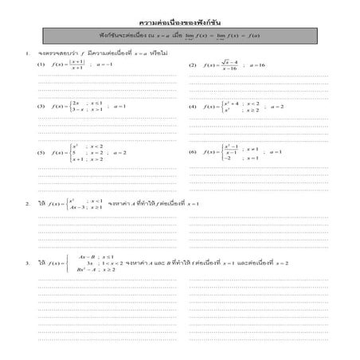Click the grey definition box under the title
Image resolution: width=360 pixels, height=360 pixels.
(x=179, y=37)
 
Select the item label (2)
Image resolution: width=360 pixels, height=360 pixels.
(x=192, y=65)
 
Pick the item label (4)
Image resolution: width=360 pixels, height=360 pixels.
(x=192, y=107)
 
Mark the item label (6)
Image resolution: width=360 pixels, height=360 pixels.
(x=192, y=151)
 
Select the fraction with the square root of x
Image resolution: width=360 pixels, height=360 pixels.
(x=229, y=65)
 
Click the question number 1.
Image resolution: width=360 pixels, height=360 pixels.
(x=28, y=53)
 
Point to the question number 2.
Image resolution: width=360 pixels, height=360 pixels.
(x=28, y=204)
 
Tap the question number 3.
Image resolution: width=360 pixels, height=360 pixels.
(x=28, y=263)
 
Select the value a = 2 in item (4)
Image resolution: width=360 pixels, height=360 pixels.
(x=275, y=107)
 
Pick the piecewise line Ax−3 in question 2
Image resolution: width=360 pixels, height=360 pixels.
(x=77, y=208)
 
